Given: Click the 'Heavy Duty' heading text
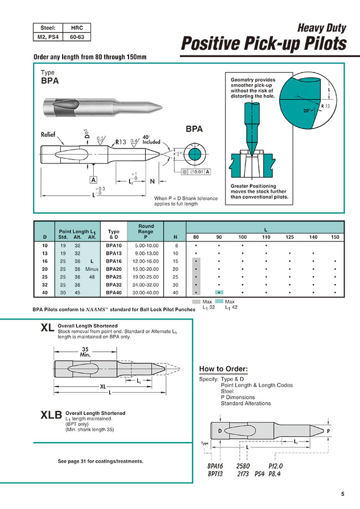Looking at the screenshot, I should point(322,27).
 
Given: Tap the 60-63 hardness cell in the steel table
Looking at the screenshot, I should point(76,38).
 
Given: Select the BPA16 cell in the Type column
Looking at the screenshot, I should point(114,260).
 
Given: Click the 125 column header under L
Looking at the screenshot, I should point(290,237).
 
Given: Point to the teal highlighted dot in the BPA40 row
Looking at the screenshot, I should point(219,292).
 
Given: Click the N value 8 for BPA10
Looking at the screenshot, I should point(176,244).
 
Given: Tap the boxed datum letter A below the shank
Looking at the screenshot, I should point(94,180).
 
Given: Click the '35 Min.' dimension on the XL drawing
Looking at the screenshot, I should point(84,352).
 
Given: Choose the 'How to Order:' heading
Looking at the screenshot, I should point(223,369).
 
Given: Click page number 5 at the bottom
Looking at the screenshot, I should point(343,494).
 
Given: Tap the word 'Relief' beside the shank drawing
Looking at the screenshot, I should point(51,135).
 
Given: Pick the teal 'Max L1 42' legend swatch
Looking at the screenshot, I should point(219,301).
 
